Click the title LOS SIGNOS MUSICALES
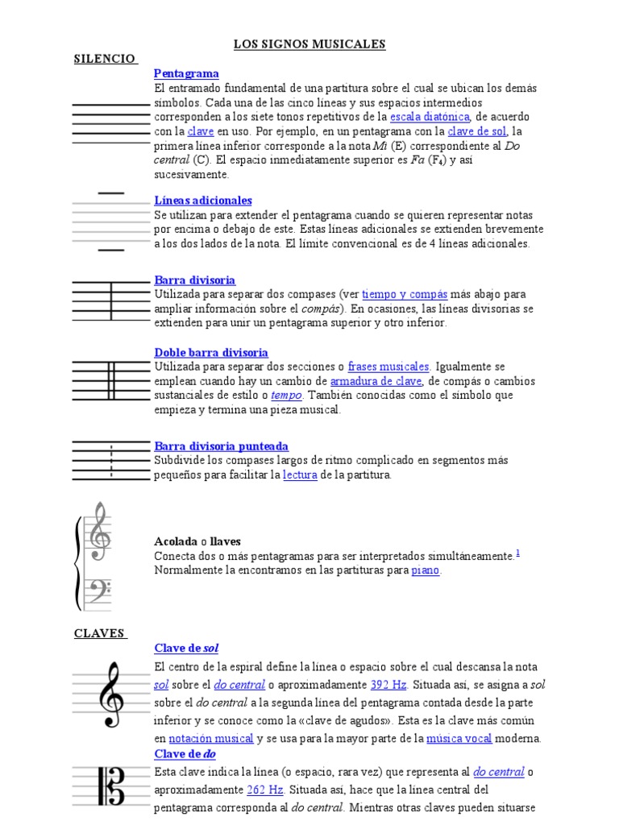coord(309,44)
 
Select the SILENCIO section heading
coord(105,59)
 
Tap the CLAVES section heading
coord(100,633)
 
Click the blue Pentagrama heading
coord(186,73)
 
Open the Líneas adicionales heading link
coord(203,200)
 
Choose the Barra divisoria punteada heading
coord(221,446)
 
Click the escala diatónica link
coord(430,116)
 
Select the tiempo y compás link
coord(404,294)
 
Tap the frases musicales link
coord(388,367)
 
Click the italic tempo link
coord(286,396)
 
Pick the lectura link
coord(300,475)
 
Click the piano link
coord(426,570)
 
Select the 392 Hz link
coord(388,685)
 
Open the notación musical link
coord(211,738)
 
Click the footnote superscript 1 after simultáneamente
coord(517,552)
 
